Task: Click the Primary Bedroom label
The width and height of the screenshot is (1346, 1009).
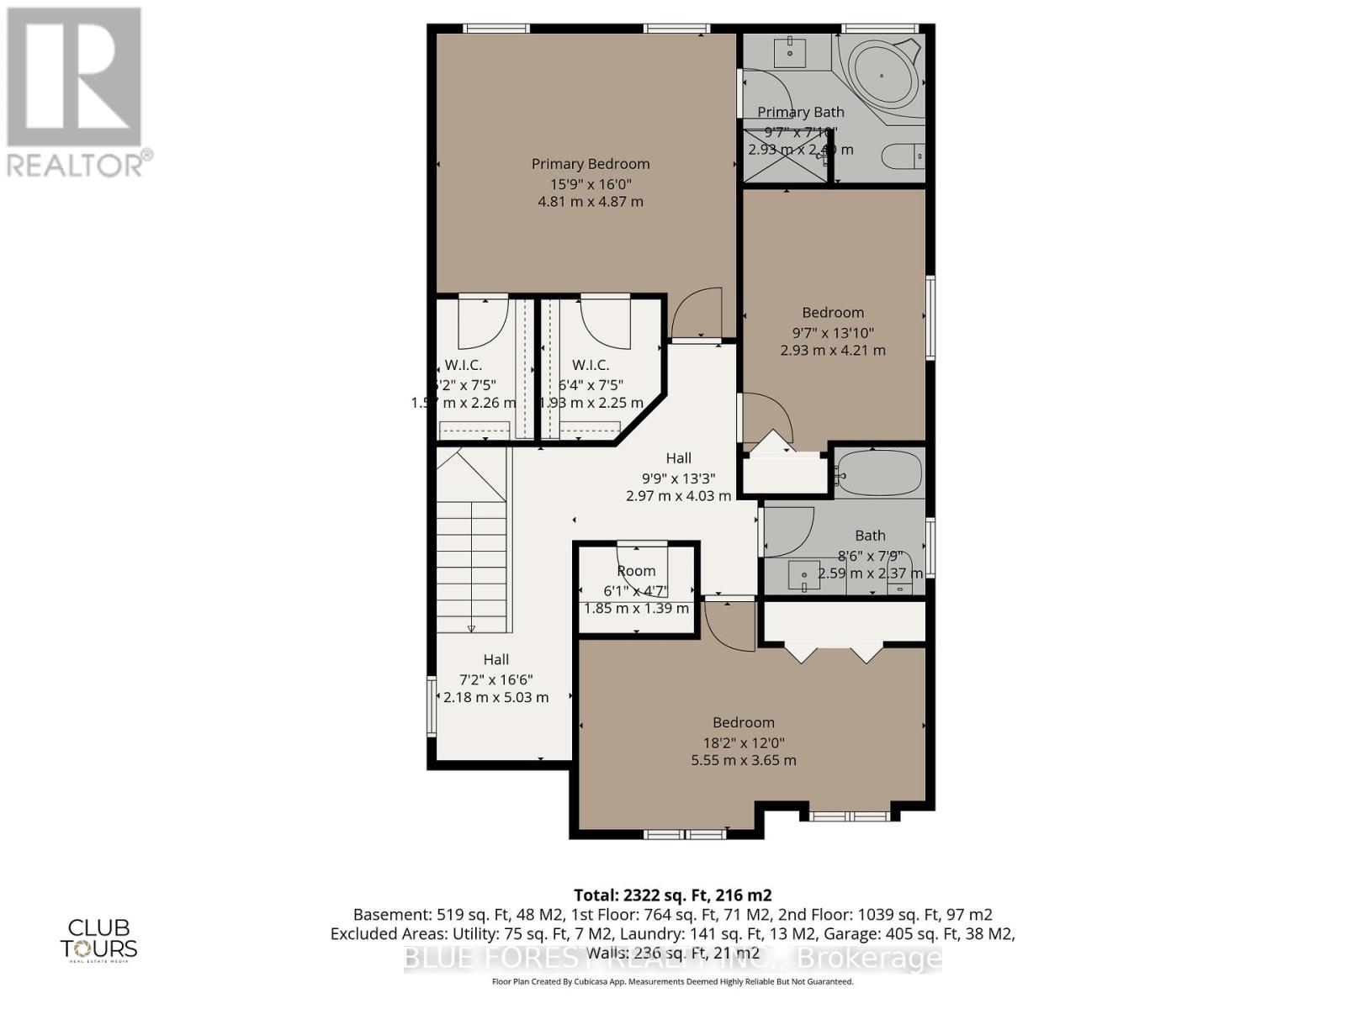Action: (590, 164)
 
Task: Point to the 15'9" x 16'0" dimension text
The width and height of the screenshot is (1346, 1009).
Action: (590, 184)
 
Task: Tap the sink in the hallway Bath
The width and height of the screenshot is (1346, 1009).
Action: (803, 576)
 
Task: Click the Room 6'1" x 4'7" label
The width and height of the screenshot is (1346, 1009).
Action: (636, 571)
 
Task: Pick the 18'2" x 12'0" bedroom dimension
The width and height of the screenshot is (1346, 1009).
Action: (743, 742)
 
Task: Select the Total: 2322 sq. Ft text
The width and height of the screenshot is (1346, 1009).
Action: (672, 895)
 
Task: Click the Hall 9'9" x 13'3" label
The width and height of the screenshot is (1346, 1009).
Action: (678, 458)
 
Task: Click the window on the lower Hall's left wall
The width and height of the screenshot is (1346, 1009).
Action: (432, 707)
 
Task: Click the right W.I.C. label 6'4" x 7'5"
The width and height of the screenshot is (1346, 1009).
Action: (591, 365)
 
